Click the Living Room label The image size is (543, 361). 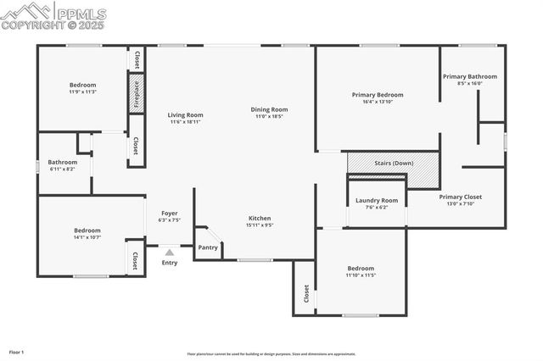coord(185,115)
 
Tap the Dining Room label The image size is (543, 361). coord(269,109)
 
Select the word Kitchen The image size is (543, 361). coord(259,218)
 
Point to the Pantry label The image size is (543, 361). coord(208,247)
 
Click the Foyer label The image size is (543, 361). coord(169,213)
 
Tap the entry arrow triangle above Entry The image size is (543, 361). coord(170,252)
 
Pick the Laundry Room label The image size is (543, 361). coord(376,201)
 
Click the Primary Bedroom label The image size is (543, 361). coord(378,95)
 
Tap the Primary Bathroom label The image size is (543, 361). coord(469,76)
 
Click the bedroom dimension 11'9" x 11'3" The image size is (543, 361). coord(83,92)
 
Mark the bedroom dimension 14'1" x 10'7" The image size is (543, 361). coord(87,237)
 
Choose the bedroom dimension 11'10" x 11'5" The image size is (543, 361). coord(360,275)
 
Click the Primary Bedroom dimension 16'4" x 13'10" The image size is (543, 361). coord(378,102)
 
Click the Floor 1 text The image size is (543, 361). coord(17,351)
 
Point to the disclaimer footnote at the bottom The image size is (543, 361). coord(271,354)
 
